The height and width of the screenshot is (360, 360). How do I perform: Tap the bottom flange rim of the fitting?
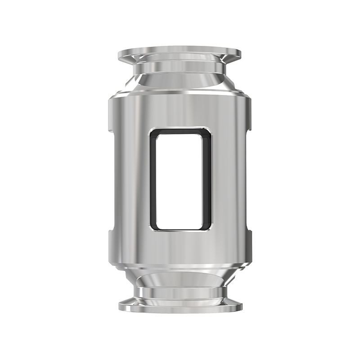point(180,306)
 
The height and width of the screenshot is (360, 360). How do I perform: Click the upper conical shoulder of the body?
point(180,85)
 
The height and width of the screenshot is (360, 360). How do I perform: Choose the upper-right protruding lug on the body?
point(248,114)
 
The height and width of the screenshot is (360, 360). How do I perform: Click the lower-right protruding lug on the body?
point(248,246)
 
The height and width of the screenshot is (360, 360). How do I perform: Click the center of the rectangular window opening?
point(180,180)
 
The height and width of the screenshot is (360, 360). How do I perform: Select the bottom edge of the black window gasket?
point(180,229)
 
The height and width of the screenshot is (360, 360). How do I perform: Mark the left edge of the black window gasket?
point(152,180)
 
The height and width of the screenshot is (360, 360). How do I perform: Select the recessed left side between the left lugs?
point(115,180)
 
